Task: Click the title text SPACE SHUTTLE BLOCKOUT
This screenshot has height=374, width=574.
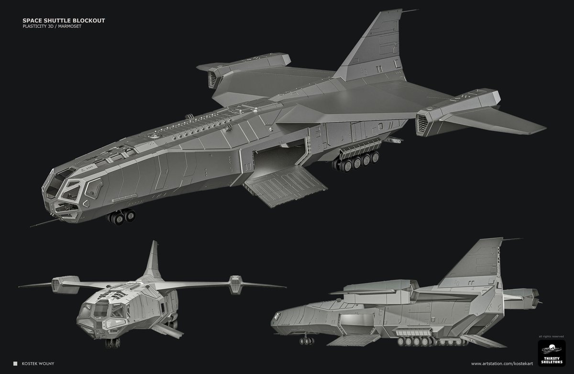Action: point(64,21)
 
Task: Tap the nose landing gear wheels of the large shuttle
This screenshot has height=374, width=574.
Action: point(121,218)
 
